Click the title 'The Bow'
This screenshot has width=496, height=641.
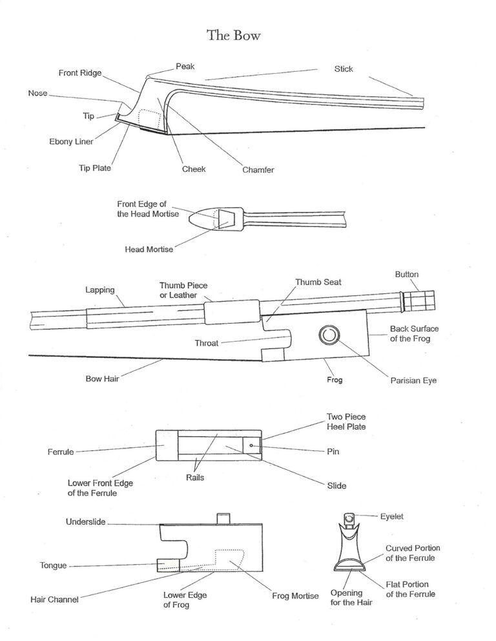(234, 35)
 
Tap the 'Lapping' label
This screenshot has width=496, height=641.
(100, 291)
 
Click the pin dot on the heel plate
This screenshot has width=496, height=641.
(251, 445)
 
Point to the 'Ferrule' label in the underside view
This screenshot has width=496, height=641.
(61, 452)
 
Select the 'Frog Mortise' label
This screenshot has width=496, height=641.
(295, 596)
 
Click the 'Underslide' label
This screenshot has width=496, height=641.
(87, 521)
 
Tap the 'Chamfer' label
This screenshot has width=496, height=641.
(258, 170)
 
